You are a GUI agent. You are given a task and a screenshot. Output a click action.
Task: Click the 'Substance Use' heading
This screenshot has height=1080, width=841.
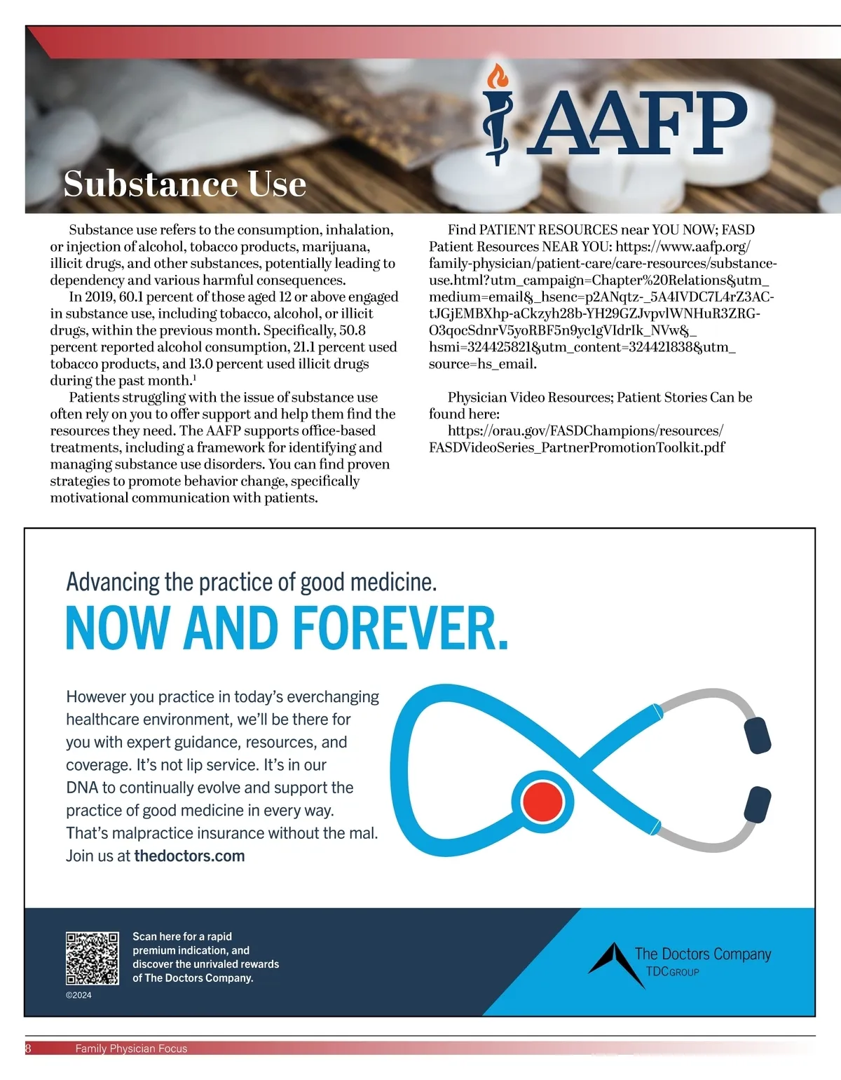[185, 184]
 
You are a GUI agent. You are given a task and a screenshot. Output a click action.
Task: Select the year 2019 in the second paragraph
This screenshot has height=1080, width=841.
[100, 297]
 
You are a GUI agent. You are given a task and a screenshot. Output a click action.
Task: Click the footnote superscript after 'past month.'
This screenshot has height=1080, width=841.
[194, 377]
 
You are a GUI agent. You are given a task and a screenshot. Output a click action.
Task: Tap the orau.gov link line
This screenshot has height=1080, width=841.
[585, 431]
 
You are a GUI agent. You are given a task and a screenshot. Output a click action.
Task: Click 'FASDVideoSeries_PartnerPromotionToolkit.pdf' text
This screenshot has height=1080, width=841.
[577, 447]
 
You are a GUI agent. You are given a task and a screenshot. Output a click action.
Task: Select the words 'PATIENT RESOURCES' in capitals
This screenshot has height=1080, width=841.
[548, 229]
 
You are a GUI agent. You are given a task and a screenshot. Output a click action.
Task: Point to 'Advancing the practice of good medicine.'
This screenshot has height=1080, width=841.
[251, 581]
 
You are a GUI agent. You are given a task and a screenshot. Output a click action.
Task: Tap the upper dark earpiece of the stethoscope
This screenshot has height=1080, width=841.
[757, 736]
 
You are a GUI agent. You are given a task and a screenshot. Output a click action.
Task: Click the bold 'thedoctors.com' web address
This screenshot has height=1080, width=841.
[189, 856]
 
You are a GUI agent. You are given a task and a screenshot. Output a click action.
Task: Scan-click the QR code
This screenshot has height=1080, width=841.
[92, 958]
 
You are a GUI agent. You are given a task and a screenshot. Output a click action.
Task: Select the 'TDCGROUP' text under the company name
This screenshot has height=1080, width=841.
[672, 972]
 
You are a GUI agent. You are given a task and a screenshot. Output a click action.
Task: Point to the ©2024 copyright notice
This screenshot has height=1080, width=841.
[78, 995]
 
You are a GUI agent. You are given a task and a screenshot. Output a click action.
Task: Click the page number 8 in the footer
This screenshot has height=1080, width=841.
[28, 1048]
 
